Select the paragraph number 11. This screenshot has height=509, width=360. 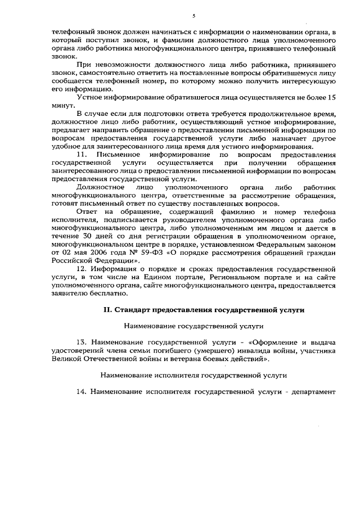point(80,154)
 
